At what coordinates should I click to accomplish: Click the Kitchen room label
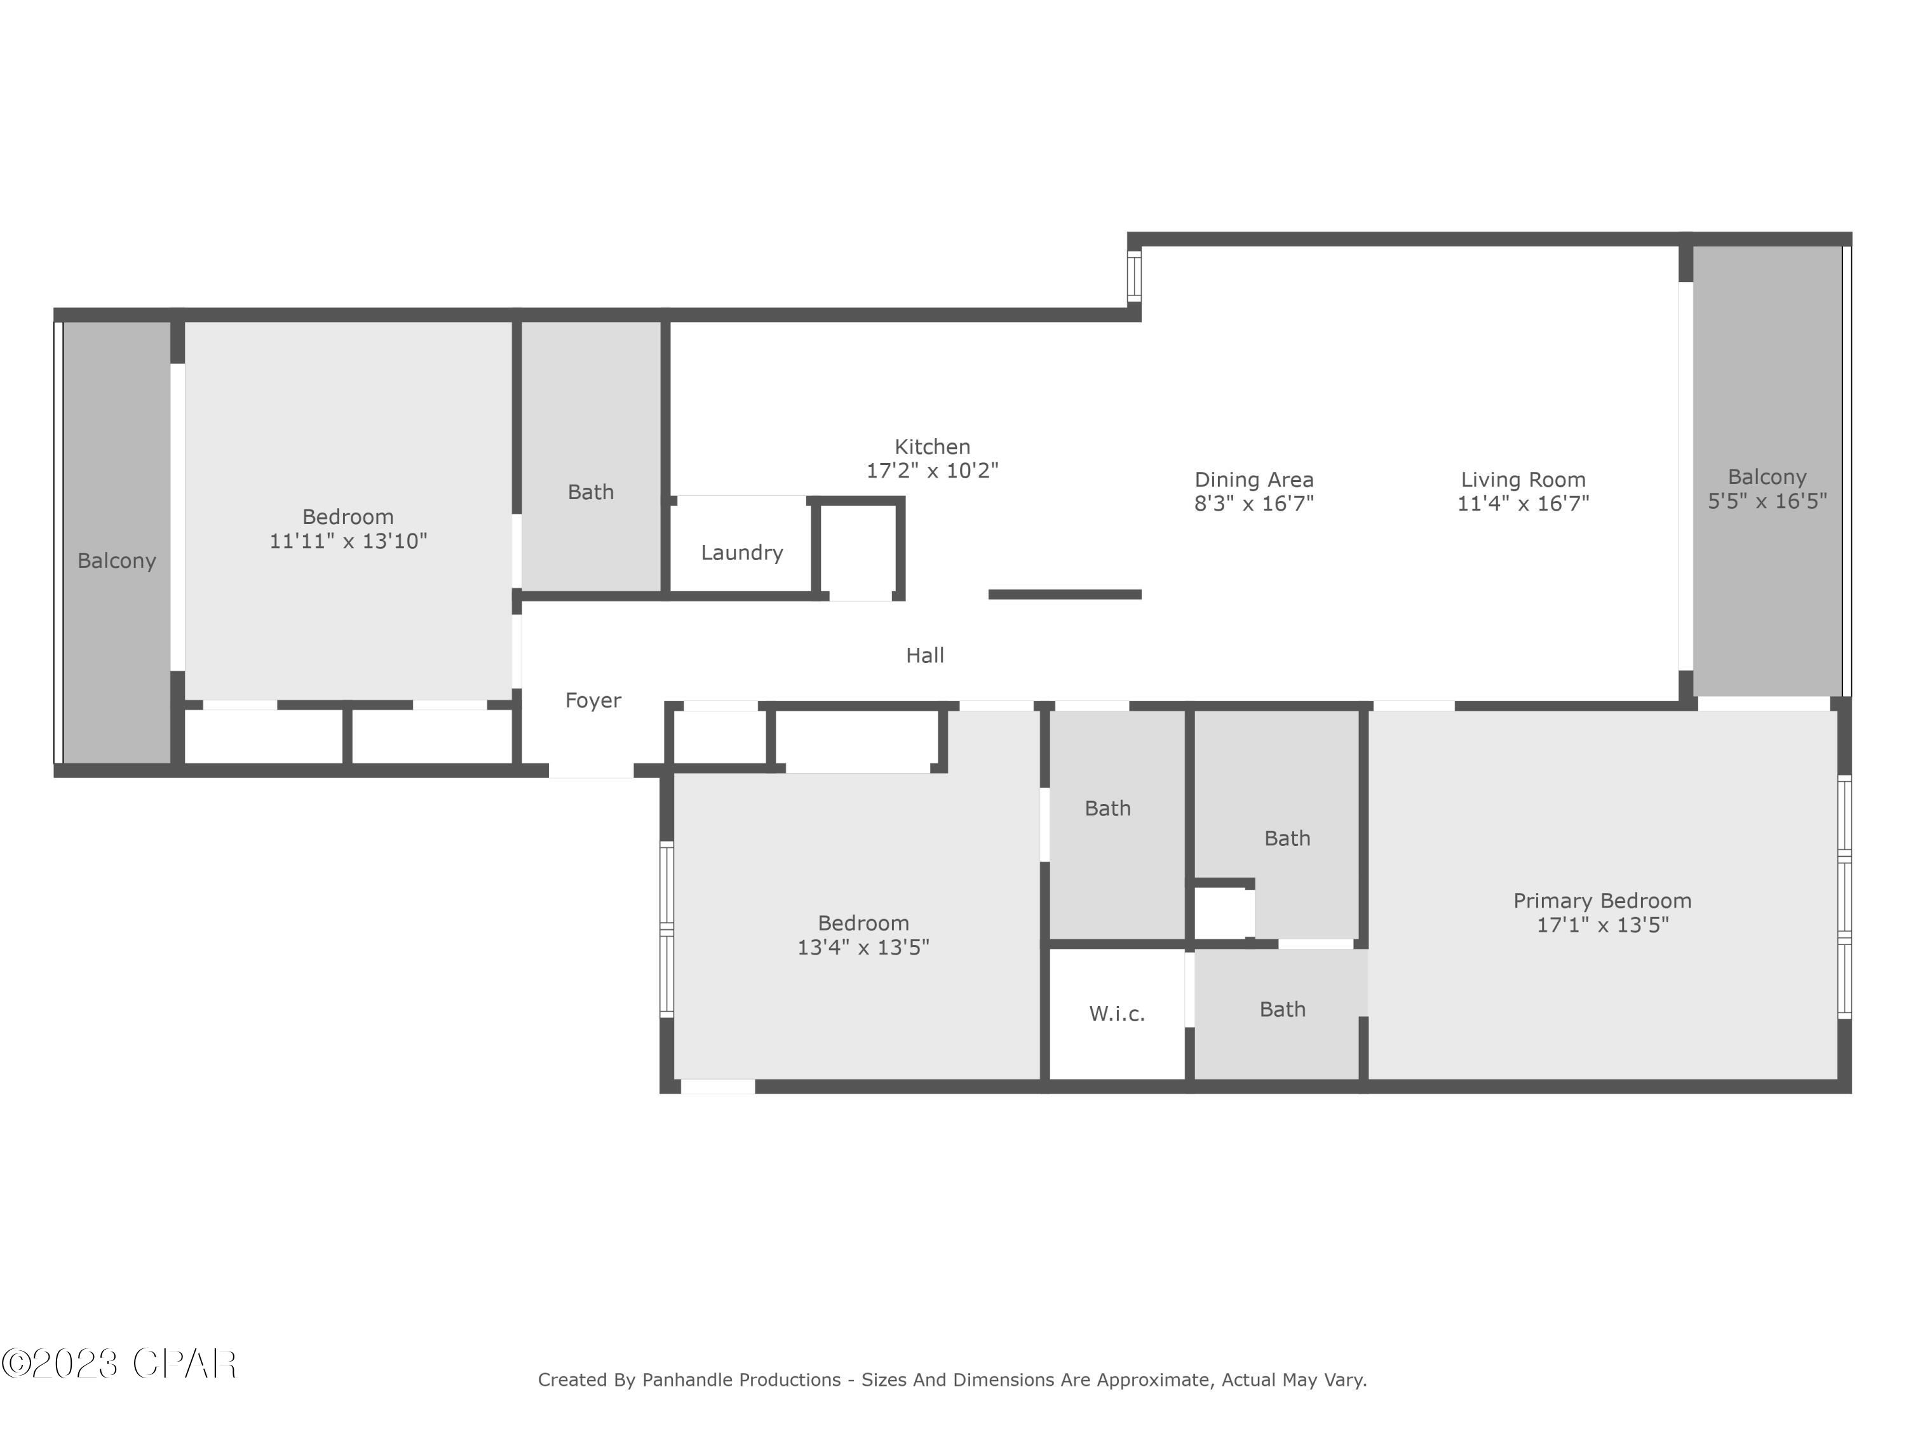(x=931, y=447)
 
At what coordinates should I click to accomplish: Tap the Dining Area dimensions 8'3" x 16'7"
(x=1253, y=504)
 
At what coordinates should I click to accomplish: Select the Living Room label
(x=1522, y=480)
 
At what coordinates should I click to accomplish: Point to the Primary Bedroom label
(x=1602, y=901)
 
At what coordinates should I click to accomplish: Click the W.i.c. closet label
(x=1117, y=1014)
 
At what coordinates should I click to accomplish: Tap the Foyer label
(x=593, y=701)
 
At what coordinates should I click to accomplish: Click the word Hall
(x=924, y=655)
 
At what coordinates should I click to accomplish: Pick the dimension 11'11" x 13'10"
(x=348, y=541)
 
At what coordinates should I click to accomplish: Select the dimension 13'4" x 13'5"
(x=863, y=948)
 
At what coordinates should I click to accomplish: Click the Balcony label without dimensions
(x=116, y=561)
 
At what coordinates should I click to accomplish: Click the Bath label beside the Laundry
(x=590, y=492)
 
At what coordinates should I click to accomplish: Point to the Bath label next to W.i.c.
(x=1282, y=1010)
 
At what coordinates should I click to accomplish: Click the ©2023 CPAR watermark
(x=119, y=1364)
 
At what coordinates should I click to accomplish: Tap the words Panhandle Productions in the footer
(x=741, y=1380)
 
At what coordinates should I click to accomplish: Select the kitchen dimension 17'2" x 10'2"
(x=931, y=471)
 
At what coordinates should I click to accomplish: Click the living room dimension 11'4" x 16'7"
(x=1522, y=504)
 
